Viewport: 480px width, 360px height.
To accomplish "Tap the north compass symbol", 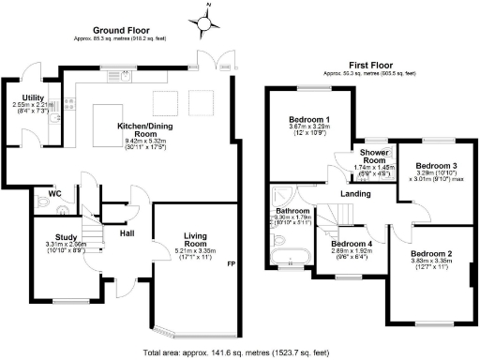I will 203,18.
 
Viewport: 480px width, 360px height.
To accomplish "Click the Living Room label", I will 195,240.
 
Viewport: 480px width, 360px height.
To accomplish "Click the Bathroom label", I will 292,212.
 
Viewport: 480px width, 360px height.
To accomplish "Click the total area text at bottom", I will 235,352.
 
